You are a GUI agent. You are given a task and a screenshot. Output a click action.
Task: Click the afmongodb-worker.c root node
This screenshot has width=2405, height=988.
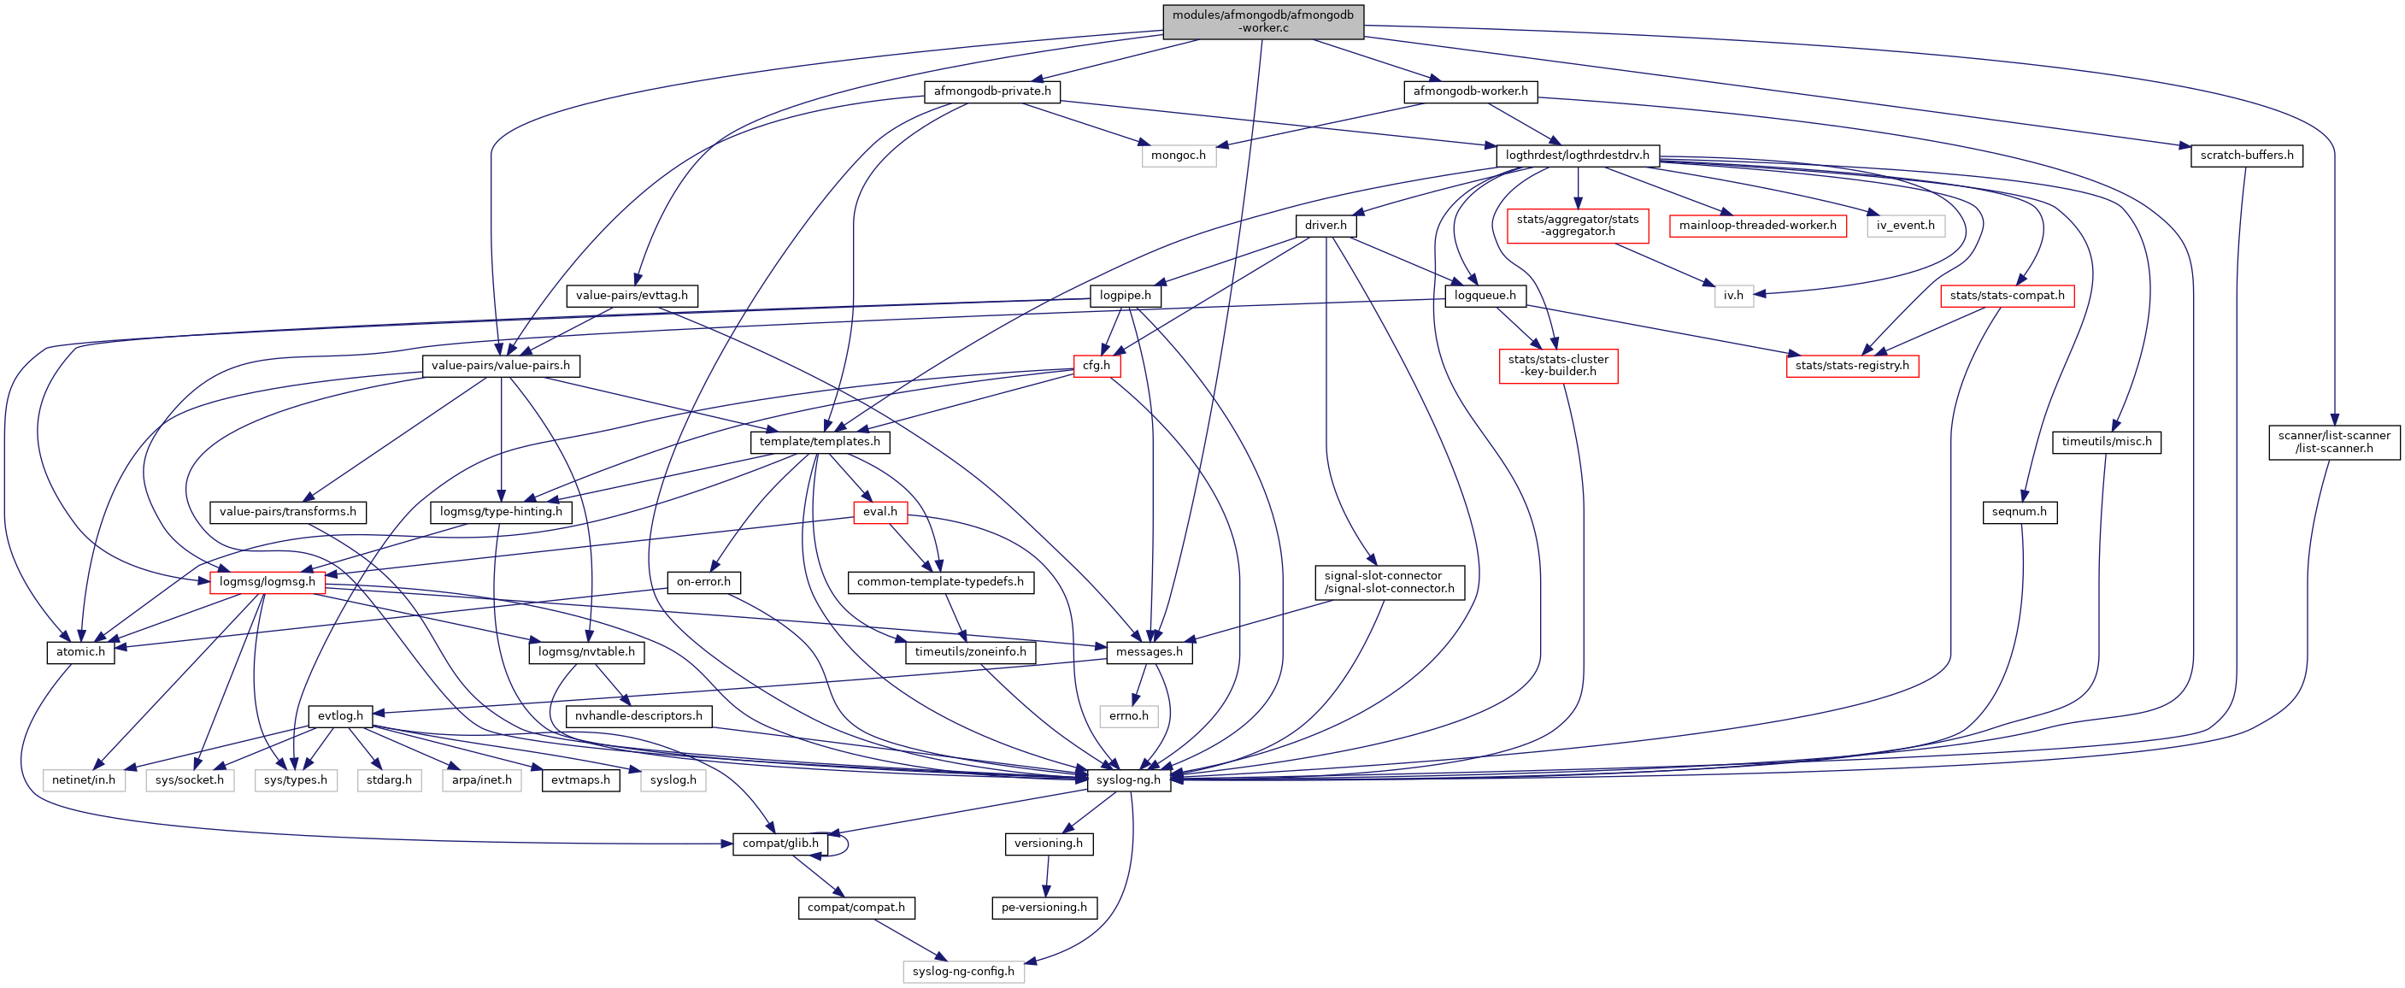pyautogui.click(x=1262, y=21)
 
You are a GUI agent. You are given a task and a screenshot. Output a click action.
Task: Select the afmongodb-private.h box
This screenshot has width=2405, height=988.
pyautogui.click(x=991, y=91)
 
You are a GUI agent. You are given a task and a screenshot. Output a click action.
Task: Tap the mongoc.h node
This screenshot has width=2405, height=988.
pyautogui.click(x=1179, y=155)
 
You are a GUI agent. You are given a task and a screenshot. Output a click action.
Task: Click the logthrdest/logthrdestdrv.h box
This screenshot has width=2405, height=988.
pyautogui.click(x=1577, y=155)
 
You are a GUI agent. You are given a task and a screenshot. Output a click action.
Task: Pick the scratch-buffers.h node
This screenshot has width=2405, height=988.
pyautogui.click(x=2246, y=155)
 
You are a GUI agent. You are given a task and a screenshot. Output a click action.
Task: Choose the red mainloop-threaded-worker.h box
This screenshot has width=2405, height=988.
pyautogui.click(x=1757, y=225)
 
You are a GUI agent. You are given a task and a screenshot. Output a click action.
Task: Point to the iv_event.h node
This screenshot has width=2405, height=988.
pyautogui.click(x=1906, y=225)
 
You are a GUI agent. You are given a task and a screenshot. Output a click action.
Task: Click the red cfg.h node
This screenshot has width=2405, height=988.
pyautogui.click(x=1096, y=365)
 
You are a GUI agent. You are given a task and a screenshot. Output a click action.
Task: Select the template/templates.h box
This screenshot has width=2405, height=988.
pyautogui.click(x=819, y=442)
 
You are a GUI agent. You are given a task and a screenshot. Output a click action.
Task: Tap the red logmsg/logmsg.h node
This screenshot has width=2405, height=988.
pyautogui.click(x=267, y=582)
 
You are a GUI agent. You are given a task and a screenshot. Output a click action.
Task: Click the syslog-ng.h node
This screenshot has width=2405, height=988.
pyautogui.click(x=1128, y=779)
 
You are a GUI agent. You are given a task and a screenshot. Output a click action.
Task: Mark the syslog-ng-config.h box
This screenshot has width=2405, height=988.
pyautogui.click(x=962, y=971)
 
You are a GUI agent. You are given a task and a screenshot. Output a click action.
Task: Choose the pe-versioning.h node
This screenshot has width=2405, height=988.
pyautogui.click(x=1044, y=907)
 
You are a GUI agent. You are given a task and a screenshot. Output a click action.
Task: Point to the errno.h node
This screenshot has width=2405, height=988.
pyautogui.click(x=1129, y=716)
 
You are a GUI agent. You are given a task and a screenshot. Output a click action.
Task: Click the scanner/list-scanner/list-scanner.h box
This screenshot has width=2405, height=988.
pyautogui.click(x=2333, y=442)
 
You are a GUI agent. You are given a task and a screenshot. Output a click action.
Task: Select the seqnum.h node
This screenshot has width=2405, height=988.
pyautogui.click(x=2019, y=512)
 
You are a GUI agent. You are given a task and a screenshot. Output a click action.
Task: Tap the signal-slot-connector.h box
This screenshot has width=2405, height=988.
pyautogui.click(x=1388, y=582)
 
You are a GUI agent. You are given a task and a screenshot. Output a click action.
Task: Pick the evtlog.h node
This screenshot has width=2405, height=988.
pyautogui.click(x=340, y=716)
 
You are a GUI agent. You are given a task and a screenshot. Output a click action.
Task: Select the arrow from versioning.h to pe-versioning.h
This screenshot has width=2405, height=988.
pyautogui.click(x=1047, y=876)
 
